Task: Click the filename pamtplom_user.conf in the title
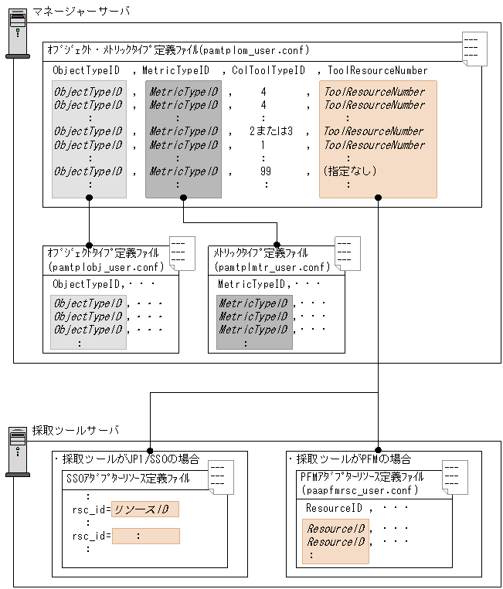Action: [x=254, y=50]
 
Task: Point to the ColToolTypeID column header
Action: [x=268, y=71]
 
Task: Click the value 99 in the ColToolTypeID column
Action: [x=265, y=171]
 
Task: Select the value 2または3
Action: [x=270, y=131]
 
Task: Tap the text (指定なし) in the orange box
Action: [x=350, y=171]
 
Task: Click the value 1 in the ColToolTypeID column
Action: [x=263, y=145]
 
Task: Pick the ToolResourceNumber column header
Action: [x=376, y=71]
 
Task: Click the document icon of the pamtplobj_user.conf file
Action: [x=182, y=254]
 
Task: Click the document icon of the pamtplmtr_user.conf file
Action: [x=348, y=254]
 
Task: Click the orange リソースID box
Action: [x=145, y=509]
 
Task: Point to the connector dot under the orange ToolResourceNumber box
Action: [x=378, y=198]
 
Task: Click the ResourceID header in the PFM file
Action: [x=334, y=509]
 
